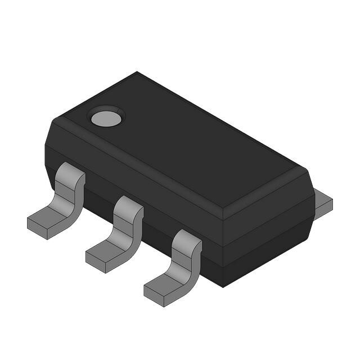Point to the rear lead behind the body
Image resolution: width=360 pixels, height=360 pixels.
point(322,205)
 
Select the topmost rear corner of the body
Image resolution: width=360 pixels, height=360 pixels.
point(137,73)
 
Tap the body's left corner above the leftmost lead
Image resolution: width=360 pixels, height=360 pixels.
point(46,147)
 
